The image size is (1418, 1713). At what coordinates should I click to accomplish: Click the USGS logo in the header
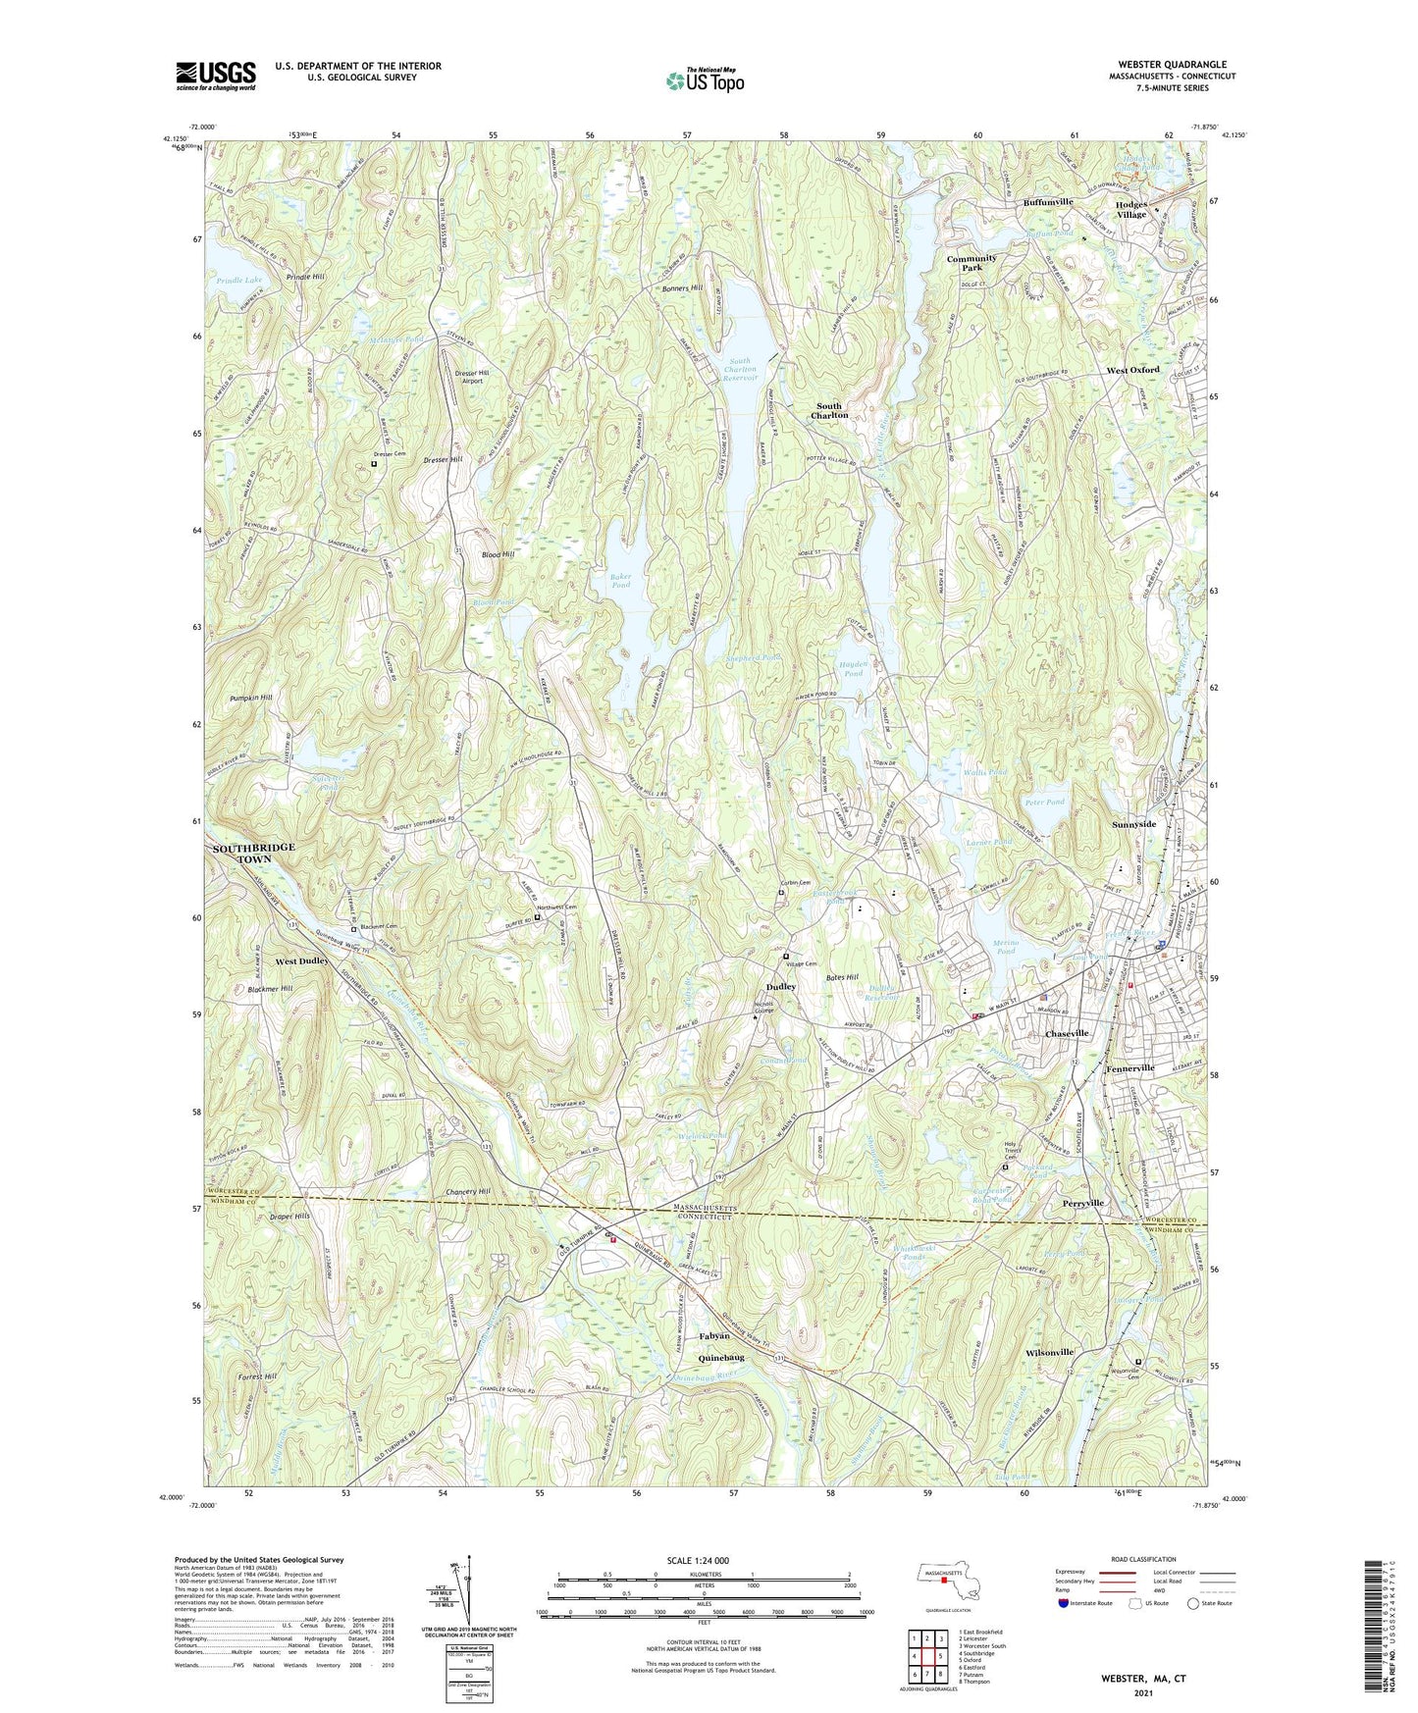pos(216,76)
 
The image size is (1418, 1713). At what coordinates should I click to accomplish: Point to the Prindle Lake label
pos(239,281)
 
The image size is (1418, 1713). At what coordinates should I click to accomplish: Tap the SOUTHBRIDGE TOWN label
pos(253,853)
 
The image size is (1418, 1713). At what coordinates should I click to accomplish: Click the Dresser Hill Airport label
pos(472,377)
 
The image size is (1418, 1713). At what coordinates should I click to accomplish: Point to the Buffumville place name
pos(1048,201)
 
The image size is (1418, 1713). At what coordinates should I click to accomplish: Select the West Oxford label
pos(1132,370)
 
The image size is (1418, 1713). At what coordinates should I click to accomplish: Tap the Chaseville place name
pos(1067,1034)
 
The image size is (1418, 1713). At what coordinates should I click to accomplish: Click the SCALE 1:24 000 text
pos(704,1560)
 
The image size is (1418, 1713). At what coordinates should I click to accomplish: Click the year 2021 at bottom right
pos(1142,1693)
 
